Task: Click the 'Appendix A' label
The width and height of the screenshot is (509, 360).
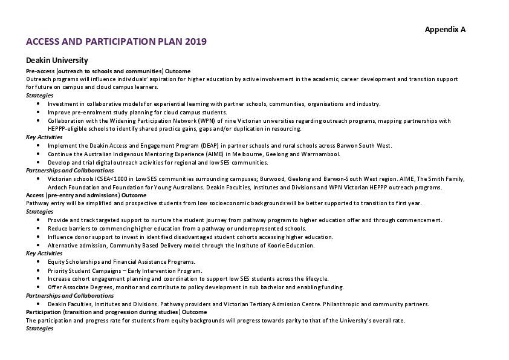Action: pyautogui.click(x=445, y=29)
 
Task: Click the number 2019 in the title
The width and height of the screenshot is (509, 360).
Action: pyautogui.click(x=196, y=42)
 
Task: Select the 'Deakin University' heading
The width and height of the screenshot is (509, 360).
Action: pyautogui.click(x=57, y=60)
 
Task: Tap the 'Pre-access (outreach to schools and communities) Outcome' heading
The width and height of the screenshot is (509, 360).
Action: pyautogui.click(x=108, y=71)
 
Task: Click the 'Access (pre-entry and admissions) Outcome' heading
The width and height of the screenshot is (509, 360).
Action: pyautogui.click(x=86, y=195)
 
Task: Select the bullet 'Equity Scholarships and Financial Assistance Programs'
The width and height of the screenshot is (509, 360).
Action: pyautogui.click(x=121, y=262)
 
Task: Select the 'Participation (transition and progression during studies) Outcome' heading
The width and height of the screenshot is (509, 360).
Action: pyautogui.click(x=116, y=312)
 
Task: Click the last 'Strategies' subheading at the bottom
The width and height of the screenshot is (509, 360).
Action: pyautogui.click(x=40, y=329)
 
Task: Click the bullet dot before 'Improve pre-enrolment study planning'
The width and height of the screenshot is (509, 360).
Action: pyautogui.click(x=39, y=112)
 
